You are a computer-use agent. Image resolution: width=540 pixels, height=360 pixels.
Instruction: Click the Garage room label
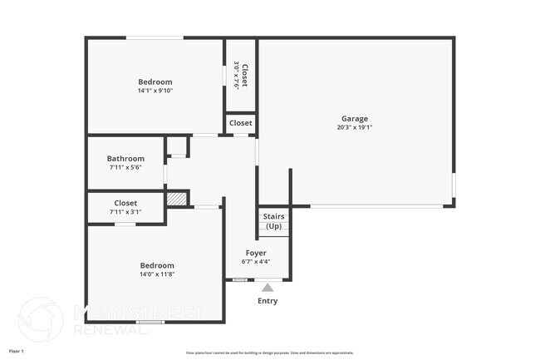pos(354,118)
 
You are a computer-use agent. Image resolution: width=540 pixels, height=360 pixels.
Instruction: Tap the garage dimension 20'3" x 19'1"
pos(354,128)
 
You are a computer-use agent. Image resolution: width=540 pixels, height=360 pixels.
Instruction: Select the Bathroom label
pos(125,159)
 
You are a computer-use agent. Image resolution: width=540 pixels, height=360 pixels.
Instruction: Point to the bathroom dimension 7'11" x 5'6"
pos(125,168)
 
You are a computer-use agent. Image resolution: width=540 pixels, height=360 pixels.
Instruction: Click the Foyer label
pos(255,252)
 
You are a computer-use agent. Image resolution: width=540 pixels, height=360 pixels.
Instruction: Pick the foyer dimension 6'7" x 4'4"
pos(255,262)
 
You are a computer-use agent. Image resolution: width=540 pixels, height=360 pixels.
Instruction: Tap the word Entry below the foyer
pos(268,301)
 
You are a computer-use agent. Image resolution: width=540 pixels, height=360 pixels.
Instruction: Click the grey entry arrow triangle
pos(268,288)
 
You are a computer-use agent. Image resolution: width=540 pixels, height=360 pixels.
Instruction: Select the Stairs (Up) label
pos(273,221)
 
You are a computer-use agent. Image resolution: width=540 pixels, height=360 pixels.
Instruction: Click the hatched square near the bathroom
pos(176,200)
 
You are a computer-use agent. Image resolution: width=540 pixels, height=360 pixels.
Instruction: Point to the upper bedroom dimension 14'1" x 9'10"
pos(155,91)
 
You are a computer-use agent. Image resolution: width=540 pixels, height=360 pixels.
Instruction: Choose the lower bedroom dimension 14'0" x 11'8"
pos(156,274)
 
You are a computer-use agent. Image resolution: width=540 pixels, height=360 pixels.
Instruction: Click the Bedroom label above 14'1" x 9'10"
pos(155,81)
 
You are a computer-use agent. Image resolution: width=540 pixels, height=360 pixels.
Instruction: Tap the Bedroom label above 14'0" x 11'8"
pos(156,265)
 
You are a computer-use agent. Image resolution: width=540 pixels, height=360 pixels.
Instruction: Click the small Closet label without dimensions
pos(241,123)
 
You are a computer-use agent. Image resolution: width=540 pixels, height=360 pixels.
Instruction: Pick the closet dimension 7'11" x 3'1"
pos(125,212)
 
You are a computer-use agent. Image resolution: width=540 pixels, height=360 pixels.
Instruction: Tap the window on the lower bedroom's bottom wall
pos(150,322)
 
